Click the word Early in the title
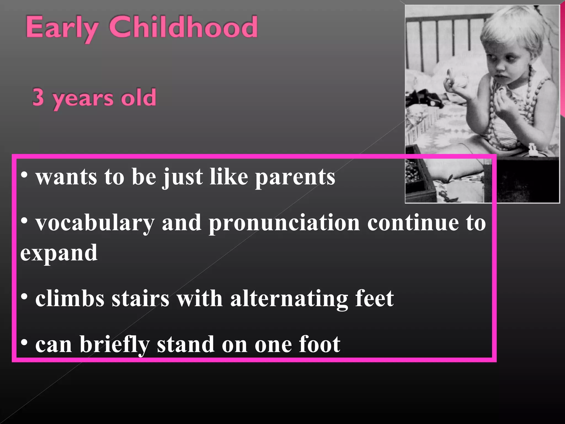point(62,28)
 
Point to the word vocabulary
point(95,223)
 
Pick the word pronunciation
point(284,223)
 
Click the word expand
point(59,253)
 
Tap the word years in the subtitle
point(82,99)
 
